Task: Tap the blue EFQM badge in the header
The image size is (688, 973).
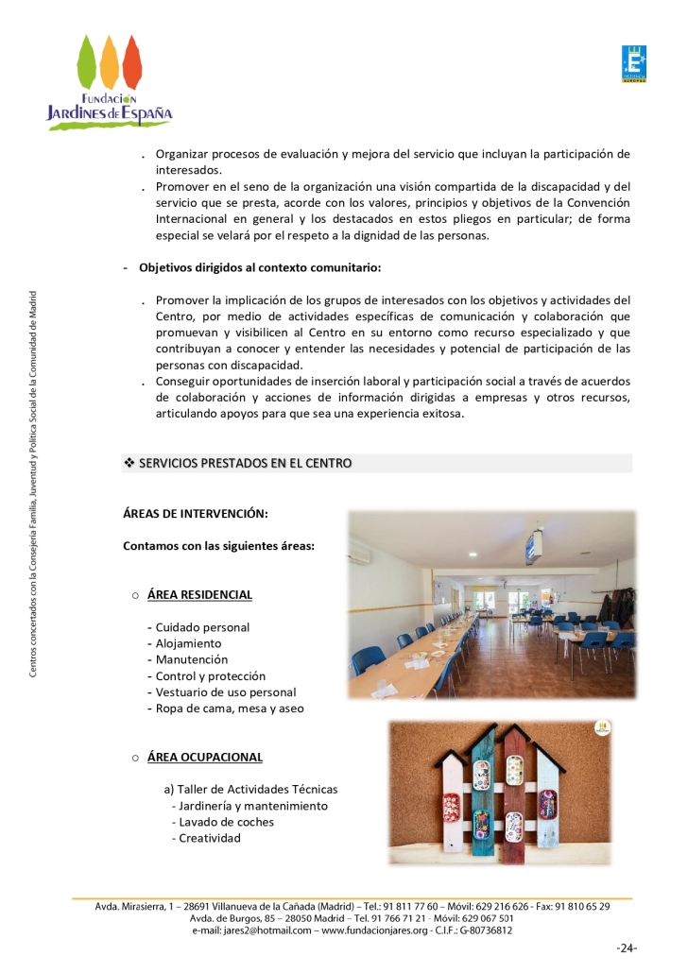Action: [x=633, y=64]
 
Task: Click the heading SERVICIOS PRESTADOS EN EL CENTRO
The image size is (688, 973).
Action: [x=245, y=463]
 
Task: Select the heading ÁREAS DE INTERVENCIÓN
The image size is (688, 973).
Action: [x=196, y=514]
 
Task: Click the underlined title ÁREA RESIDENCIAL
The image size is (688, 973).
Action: [x=199, y=595]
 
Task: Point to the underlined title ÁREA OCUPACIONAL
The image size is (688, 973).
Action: [x=205, y=758]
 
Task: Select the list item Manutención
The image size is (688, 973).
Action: [x=192, y=659]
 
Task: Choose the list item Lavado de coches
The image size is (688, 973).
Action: [x=227, y=822]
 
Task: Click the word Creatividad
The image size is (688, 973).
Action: [x=210, y=838]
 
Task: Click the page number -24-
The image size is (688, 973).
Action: [x=627, y=948]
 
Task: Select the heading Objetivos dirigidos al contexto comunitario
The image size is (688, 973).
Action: [x=260, y=267]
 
